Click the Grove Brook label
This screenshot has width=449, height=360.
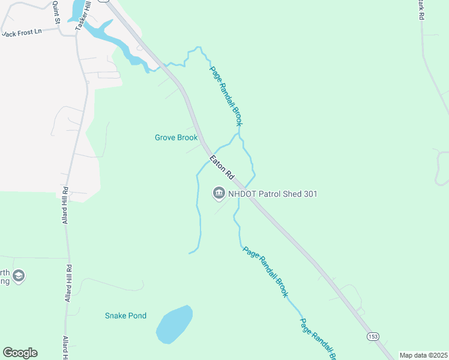pyautogui.click(x=176, y=137)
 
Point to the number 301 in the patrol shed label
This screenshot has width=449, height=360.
pyautogui.click(x=310, y=194)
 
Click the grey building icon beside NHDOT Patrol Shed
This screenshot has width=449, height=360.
pyautogui.click(x=218, y=193)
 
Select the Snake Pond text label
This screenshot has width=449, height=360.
pyautogui.click(x=125, y=316)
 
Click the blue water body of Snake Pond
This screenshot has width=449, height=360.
pyautogui.click(x=173, y=325)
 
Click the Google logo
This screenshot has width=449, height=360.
pyautogui.click(x=20, y=353)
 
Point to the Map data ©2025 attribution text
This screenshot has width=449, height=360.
pyautogui.click(x=423, y=355)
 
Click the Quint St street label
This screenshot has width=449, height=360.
pyautogui.click(x=56, y=11)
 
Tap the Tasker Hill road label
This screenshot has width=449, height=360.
pyautogui.click(x=82, y=15)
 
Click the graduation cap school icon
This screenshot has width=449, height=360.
pyautogui.click(x=19, y=276)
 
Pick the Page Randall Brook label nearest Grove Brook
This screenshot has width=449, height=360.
pyautogui.click(x=226, y=95)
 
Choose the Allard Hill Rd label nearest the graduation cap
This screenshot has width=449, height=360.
pyautogui.click(x=68, y=283)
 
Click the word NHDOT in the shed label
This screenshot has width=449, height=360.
pyautogui.click(x=243, y=194)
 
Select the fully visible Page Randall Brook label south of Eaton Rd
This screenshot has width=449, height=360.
pyautogui.click(x=265, y=272)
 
